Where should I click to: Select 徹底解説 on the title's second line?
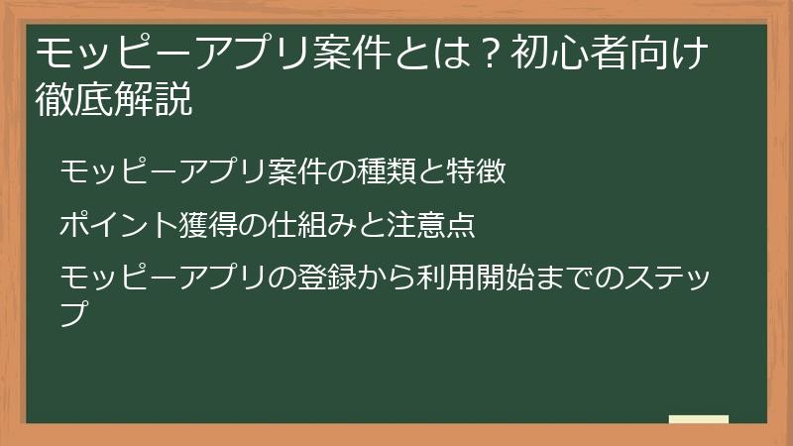click(113, 101)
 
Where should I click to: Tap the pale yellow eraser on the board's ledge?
click(698, 420)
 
